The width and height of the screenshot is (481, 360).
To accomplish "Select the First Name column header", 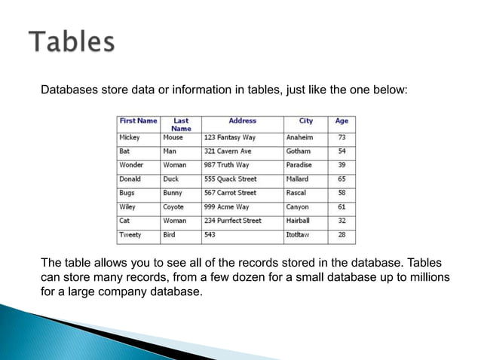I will coord(138,121).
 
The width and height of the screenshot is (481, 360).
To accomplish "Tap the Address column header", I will coord(242,121).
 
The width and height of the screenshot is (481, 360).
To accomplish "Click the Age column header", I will coord(342,121).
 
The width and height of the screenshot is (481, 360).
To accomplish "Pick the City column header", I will coord(305,121).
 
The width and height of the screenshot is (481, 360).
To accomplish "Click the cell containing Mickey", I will coord(129,138).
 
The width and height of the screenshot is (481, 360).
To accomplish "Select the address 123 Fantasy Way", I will coord(230,138).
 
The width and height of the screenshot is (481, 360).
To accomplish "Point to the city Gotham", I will coord(299,151).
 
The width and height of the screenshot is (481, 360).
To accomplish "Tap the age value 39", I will coord(342,165).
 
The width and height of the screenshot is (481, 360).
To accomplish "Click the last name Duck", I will coord(171,179).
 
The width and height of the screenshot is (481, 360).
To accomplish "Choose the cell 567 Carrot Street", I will coord(231,193).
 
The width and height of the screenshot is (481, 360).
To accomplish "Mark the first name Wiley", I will coord(127,206).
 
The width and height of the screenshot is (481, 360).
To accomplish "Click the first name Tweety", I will coord(130,235).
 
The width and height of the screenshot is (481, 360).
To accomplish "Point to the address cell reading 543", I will coord(210,235).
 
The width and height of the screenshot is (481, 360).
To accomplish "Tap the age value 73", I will coord(342,138).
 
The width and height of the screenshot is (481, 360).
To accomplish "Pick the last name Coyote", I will coord(173,206).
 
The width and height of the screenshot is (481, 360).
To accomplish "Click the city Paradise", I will coord(301,165).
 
